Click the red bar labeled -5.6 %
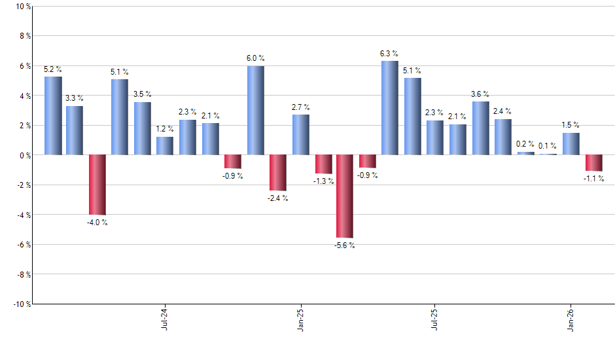(x=345, y=196)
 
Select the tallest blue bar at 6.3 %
(x=389, y=108)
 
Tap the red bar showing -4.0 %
(x=97, y=185)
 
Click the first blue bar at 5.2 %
(x=53, y=116)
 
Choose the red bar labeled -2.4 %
(x=277, y=173)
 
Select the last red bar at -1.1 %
(x=593, y=163)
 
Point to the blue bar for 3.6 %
(x=480, y=128)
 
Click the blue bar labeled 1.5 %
(x=571, y=144)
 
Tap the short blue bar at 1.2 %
(x=165, y=146)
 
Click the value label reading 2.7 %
(x=301, y=107)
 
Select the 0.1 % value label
(x=548, y=146)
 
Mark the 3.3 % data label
(x=75, y=98)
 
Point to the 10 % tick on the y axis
(x=22, y=7)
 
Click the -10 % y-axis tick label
(x=20, y=304)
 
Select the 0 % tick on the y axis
(x=24, y=155)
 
